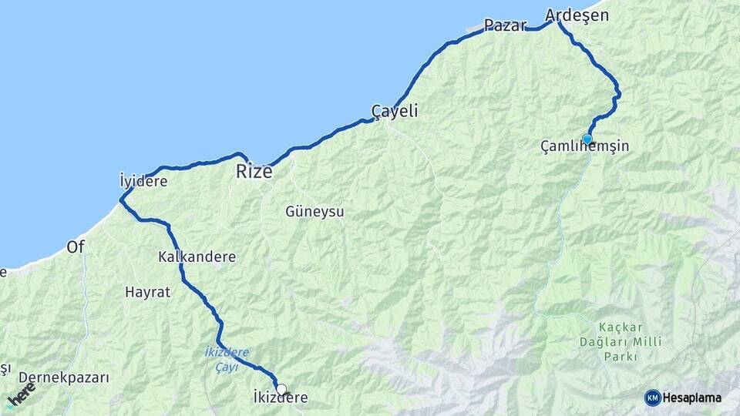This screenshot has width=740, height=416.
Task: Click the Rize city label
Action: [254, 171]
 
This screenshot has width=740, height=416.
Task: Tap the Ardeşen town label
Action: [577, 15]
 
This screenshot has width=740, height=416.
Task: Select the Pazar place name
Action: [505, 25]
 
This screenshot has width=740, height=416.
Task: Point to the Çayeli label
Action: [395, 111]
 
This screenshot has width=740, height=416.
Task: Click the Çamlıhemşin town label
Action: [584, 146]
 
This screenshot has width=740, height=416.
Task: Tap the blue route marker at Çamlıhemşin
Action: [587, 139]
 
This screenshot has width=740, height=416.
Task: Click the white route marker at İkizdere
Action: [281, 389]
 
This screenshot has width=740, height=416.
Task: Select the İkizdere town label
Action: [281, 398]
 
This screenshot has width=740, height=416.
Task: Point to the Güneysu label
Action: [314, 210]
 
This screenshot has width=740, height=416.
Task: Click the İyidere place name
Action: [143, 181]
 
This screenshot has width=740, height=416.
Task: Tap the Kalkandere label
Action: [197, 257]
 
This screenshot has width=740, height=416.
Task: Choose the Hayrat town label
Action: [146, 292]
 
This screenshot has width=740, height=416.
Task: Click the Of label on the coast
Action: [76, 247]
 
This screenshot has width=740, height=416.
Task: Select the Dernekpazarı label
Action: [64, 377]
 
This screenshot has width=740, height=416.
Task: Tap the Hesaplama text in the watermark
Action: [691, 398]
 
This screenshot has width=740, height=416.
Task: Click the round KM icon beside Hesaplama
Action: [653, 398]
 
